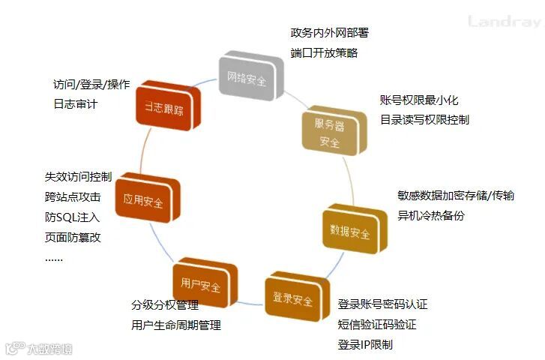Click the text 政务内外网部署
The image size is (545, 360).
(329, 33)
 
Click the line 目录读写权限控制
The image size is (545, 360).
(424, 119)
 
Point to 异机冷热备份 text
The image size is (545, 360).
(431, 215)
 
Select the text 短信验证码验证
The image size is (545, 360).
(377, 325)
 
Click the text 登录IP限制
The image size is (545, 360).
(365, 344)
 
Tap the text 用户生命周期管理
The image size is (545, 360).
(176, 325)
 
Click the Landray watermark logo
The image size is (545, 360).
(504, 21)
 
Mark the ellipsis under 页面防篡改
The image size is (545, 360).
(54, 259)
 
